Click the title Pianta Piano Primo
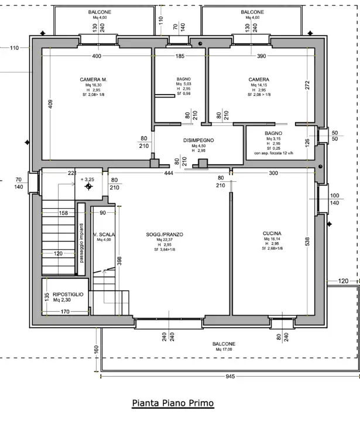coord(172,403)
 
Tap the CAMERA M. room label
coord(93,80)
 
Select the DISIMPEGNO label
coord(198,140)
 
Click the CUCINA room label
coord(273,232)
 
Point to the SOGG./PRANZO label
coord(165,234)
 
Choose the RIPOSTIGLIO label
coord(67,294)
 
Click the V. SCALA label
coord(104,234)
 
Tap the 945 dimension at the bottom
coord(230,377)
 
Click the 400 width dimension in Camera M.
coord(97,56)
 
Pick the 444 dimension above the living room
coord(169,173)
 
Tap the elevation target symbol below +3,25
coord(88,187)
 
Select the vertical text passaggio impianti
coord(83,244)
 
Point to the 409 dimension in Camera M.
coord(50,105)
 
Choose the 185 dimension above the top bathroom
coord(180,56)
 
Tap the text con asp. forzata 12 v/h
coord(273,153)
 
